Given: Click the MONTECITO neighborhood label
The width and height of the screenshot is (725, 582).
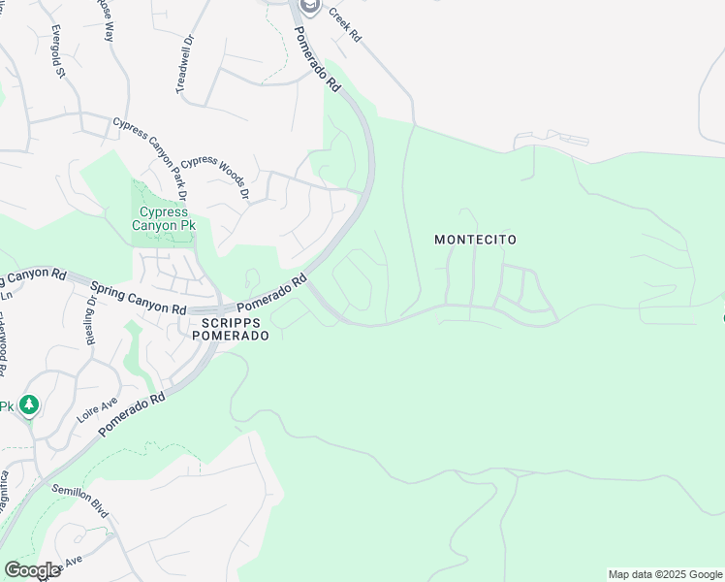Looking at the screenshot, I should (475, 240).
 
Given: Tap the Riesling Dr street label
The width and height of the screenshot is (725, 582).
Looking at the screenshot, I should (90, 315).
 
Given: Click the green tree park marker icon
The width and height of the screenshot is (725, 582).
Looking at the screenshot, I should (29, 404).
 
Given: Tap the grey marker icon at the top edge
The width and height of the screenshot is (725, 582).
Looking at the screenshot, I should (309, 7).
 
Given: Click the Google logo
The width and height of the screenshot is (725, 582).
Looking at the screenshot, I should (32, 570).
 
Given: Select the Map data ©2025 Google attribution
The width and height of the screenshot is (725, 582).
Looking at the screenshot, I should (665, 574).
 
